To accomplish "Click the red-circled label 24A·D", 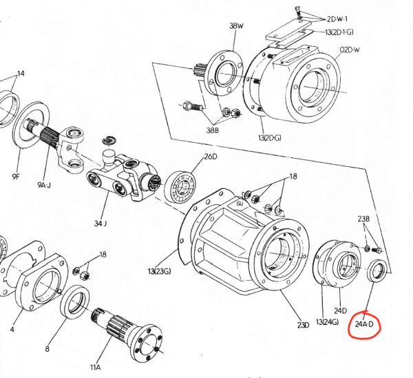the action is (x=364, y=324).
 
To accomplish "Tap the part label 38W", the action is (x=236, y=26).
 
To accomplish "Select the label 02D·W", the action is (x=349, y=50).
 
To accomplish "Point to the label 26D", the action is (x=211, y=157).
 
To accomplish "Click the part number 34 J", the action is (x=100, y=223).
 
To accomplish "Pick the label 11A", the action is (x=96, y=367).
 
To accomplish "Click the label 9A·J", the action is (x=44, y=185).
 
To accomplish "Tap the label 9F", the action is (x=16, y=177).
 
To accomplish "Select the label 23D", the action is (x=303, y=325).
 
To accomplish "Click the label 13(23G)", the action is (x=160, y=271).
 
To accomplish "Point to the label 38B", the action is (x=212, y=130).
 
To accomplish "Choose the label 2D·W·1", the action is (x=337, y=19).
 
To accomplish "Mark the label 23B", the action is (x=363, y=219).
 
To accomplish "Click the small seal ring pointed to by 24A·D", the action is (x=377, y=270).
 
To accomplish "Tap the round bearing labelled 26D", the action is (x=181, y=188).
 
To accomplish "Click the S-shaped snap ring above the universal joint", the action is (x=109, y=140).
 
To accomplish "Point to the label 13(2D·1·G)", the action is (x=339, y=32).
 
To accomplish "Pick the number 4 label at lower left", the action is (x=12, y=330).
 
